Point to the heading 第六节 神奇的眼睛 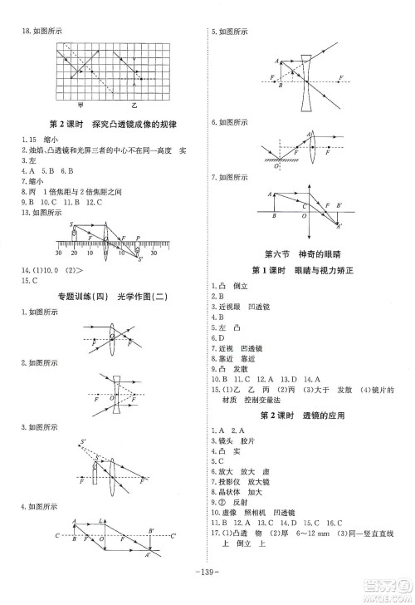pyautogui.click(x=308, y=253)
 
